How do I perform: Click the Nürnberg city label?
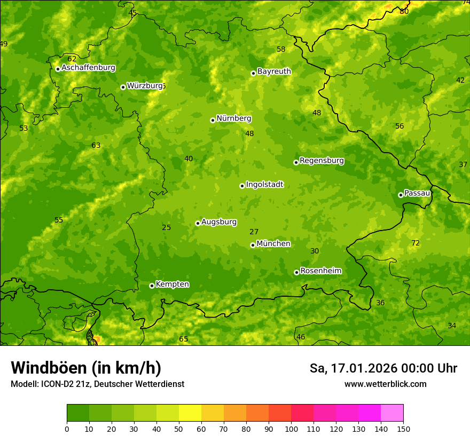tap(233, 118)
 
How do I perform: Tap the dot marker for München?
tap(253, 245)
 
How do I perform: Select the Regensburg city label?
tap(322, 161)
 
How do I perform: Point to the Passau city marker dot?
tap(401, 195)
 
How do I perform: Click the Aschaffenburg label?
tap(88, 68)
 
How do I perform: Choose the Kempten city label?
tap(172, 284)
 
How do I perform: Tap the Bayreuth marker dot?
tap(253, 73)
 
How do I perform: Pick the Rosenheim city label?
tap(320, 271)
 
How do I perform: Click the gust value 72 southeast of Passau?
tap(416, 243)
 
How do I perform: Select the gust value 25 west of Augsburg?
tap(167, 228)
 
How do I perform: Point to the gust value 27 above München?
tap(254, 232)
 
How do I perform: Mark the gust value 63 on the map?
tap(96, 146)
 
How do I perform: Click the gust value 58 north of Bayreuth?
tap(281, 50)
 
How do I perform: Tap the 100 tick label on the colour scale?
tap(291, 429)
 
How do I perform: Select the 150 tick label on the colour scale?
tap(403, 429)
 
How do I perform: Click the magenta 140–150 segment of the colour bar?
tap(392, 413)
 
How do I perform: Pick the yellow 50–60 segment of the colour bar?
tap(190, 413)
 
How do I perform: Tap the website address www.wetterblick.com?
tap(385, 384)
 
